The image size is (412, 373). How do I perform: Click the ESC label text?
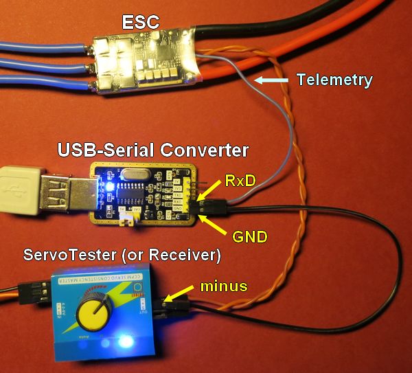(141, 22)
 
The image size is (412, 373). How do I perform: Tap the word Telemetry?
(334, 80)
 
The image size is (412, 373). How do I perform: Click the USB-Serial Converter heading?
(153, 148)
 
